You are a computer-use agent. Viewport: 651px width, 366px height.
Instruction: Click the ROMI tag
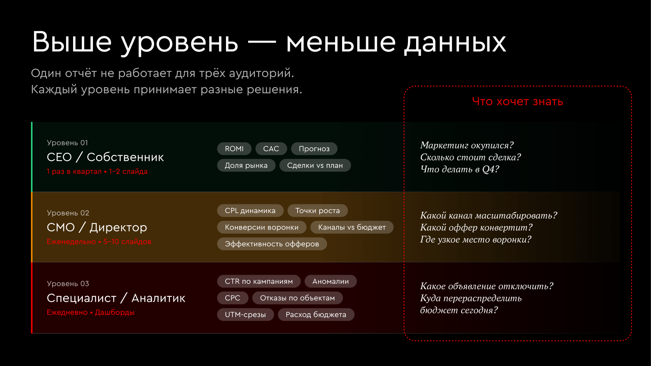click(x=234, y=149)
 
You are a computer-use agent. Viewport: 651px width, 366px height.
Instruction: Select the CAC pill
click(x=271, y=149)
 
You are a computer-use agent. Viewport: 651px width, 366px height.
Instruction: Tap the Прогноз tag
click(x=314, y=149)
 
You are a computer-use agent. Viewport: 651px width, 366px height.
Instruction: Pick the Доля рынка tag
click(x=246, y=165)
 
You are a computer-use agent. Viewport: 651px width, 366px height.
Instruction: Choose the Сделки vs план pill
click(x=315, y=165)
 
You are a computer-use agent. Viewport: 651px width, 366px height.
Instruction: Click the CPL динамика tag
click(x=250, y=210)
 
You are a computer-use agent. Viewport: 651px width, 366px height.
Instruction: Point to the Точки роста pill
click(x=318, y=210)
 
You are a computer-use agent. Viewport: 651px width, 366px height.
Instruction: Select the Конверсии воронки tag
click(x=262, y=227)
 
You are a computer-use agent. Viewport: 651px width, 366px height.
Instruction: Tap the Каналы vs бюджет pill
click(x=352, y=227)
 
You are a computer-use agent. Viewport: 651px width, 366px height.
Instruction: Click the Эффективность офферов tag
click(x=272, y=244)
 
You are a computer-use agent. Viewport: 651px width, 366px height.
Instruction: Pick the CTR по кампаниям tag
click(x=259, y=281)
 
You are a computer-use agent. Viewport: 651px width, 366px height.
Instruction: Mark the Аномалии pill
click(x=331, y=281)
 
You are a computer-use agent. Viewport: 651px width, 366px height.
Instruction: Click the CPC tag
click(x=233, y=298)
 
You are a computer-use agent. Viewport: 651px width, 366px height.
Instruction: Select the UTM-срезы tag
click(x=246, y=314)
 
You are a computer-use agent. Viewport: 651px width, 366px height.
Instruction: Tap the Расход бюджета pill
click(x=316, y=314)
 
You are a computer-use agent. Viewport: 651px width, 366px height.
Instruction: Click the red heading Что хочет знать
click(x=517, y=101)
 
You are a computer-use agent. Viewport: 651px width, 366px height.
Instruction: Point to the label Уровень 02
click(x=68, y=213)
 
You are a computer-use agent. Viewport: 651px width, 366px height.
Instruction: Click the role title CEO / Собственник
click(x=105, y=157)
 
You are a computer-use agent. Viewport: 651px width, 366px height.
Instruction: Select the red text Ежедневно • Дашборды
click(x=91, y=312)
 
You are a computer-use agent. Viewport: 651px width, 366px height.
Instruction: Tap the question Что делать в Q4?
click(x=460, y=169)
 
